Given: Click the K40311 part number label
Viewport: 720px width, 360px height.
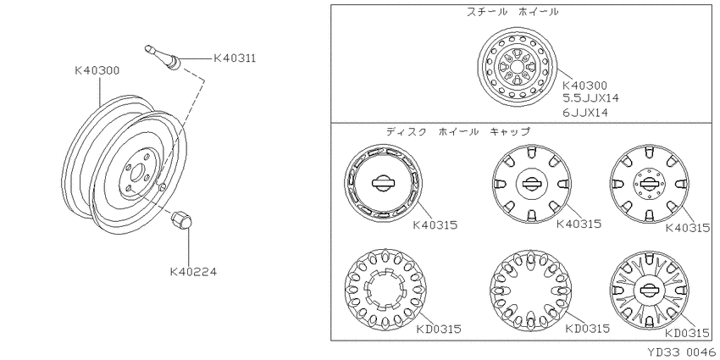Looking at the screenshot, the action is tap(235, 58).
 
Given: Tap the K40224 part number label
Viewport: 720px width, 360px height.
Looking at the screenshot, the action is tap(193, 272).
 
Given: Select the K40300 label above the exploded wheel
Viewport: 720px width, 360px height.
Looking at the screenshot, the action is tap(97, 70).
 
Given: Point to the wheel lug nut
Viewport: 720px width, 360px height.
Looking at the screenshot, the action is tap(181, 220).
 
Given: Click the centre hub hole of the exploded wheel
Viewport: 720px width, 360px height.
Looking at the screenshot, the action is tap(136, 173).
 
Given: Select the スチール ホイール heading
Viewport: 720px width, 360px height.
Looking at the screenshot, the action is tap(512, 12).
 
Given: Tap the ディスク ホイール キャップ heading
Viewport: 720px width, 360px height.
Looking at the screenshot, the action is tap(457, 132).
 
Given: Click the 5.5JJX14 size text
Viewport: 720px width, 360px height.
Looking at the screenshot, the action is tap(590, 97).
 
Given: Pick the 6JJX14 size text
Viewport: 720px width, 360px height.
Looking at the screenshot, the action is tap(585, 113).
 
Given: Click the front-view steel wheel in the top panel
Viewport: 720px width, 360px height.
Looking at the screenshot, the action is tap(518, 67).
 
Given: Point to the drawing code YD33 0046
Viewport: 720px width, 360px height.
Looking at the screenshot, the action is tap(681, 352).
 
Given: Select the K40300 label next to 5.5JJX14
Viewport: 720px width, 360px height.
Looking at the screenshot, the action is tap(585, 86).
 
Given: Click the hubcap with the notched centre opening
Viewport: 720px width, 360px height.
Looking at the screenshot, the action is tap(385, 290).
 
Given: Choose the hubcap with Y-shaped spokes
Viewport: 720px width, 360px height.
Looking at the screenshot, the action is tap(650, 290).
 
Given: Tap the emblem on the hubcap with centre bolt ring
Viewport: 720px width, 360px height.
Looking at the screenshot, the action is tap(650, 184).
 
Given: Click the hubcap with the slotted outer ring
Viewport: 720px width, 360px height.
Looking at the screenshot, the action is tap(384, 184).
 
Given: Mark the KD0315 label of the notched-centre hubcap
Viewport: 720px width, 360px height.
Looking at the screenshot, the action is tap(439, 330).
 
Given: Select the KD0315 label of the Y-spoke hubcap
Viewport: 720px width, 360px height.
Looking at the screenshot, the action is tap(688, 334).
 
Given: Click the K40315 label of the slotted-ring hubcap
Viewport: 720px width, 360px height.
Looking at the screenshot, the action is tap(435, 225).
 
